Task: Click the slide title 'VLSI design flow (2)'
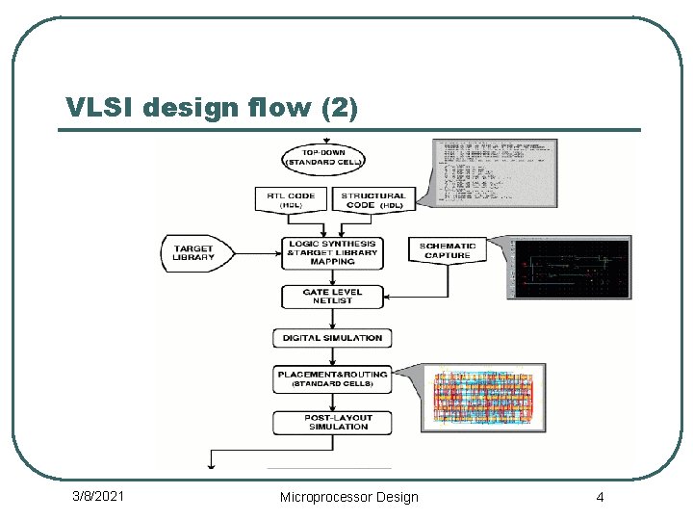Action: [212, 107]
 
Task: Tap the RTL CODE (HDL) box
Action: [290, 200]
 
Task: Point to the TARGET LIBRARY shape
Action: [196, 253]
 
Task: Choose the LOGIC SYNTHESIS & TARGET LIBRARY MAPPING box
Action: [332, 252]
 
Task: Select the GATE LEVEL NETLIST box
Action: [332, 297]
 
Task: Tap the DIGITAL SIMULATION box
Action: [332, 338]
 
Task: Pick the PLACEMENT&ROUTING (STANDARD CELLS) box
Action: [332, 378]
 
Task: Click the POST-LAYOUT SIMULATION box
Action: [332, 422]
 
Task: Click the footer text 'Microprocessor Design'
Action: [348, 497]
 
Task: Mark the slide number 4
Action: [600, 497]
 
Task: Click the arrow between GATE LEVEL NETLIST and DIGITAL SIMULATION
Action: [332, 319]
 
